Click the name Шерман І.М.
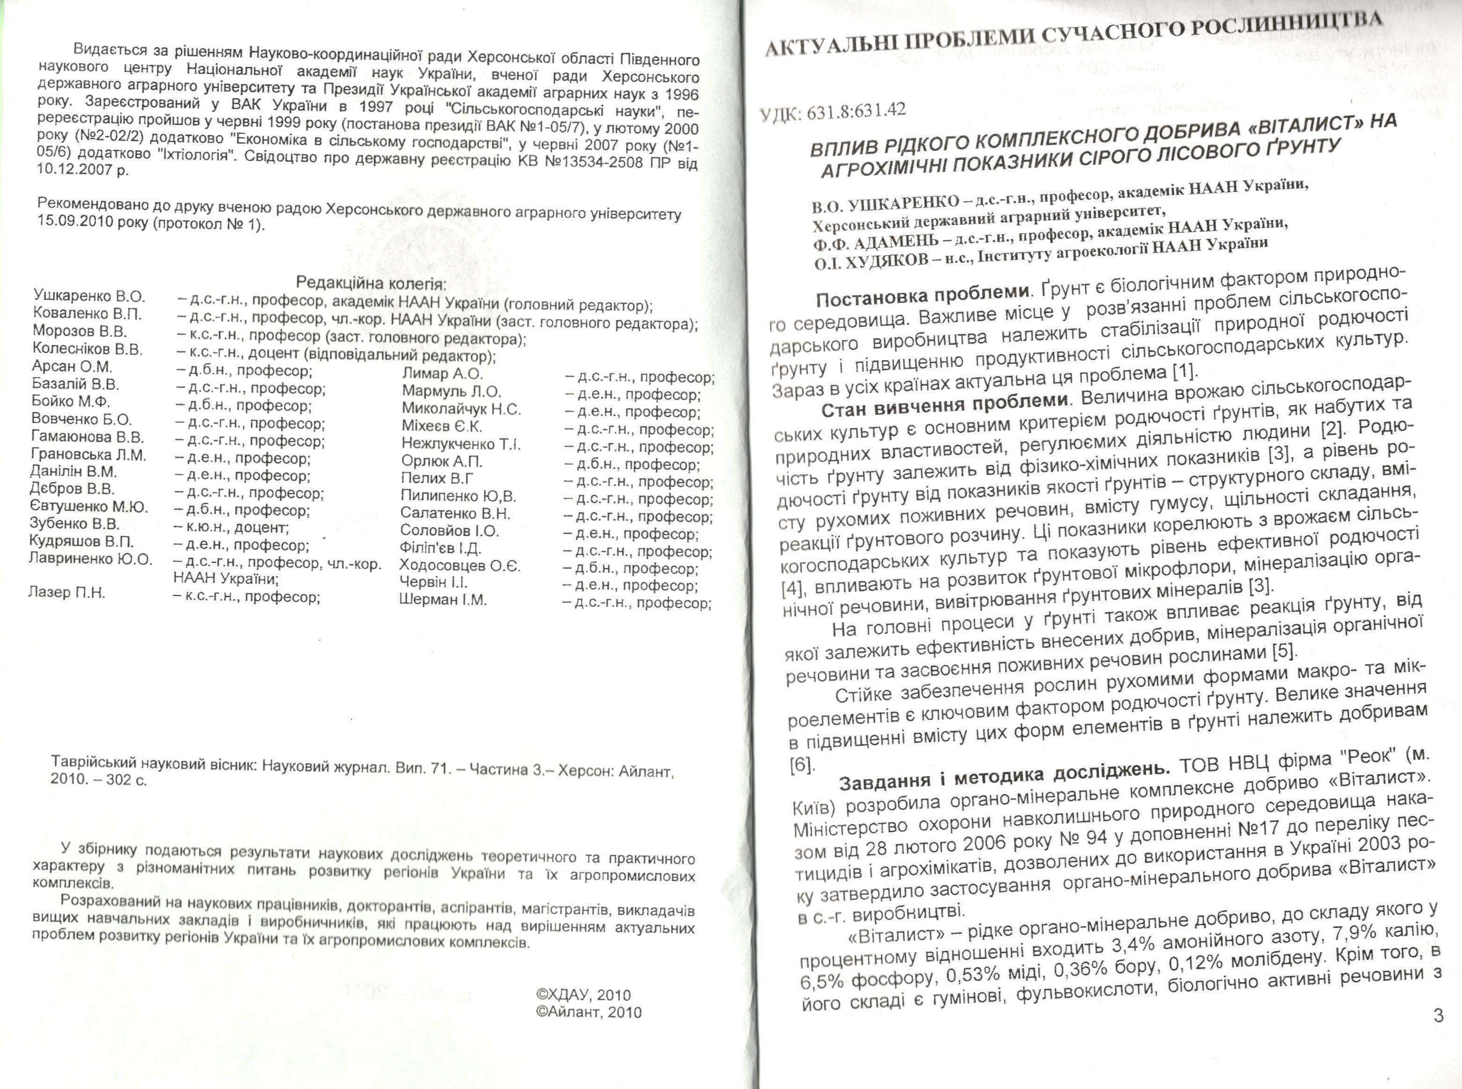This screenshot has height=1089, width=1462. click(442, 600)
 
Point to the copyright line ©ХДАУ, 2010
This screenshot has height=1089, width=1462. click(583, 995)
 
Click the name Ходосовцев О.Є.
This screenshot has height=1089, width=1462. click(460, 566)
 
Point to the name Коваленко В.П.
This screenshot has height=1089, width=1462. click(87, 314)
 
